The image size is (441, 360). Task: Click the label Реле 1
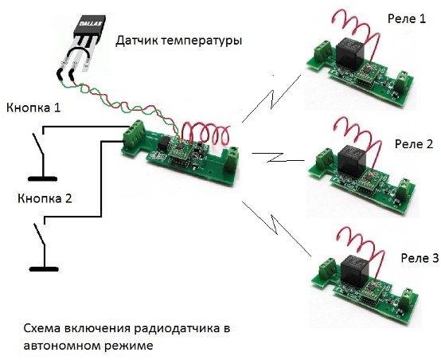click(407, 19)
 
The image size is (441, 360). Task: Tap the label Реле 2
click(414, 144)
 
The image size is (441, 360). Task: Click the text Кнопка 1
click(33, 108)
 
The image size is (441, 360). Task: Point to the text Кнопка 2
click(45, 199)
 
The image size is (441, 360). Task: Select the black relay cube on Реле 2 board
click(351, 159)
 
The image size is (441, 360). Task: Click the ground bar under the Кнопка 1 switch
click(43, 178)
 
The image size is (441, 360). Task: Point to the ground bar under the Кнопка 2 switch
click(44, 269)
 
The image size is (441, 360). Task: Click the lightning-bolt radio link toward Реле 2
click(279, 158)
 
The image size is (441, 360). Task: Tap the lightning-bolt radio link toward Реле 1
click(271, 99)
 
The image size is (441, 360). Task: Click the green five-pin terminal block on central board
click(135, 134)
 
